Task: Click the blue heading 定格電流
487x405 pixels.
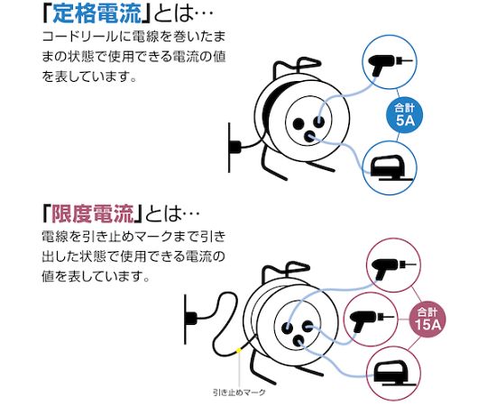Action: (97, 13)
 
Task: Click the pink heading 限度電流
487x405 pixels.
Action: (93, 213)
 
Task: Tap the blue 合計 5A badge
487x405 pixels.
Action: (405, 115)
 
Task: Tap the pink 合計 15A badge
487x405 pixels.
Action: (427, 319)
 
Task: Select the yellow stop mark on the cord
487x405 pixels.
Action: (238, 351)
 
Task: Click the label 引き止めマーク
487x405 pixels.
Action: (239, 392)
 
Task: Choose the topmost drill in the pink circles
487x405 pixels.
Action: (394, 268)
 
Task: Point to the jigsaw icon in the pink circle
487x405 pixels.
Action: (394, 373)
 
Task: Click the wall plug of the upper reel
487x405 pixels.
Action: (234, 147)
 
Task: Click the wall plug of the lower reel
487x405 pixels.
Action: (191, 319)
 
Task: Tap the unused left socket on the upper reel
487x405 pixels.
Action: (299, 124)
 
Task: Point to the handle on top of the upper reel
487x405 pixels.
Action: (297, 67)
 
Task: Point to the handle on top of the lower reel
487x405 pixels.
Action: (286, 271)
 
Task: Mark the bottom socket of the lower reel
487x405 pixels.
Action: (299, 341)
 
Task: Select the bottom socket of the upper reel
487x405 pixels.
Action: (309, 136)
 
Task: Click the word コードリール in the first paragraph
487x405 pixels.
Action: (80, 37)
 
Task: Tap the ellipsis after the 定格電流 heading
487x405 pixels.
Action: (205, 13)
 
